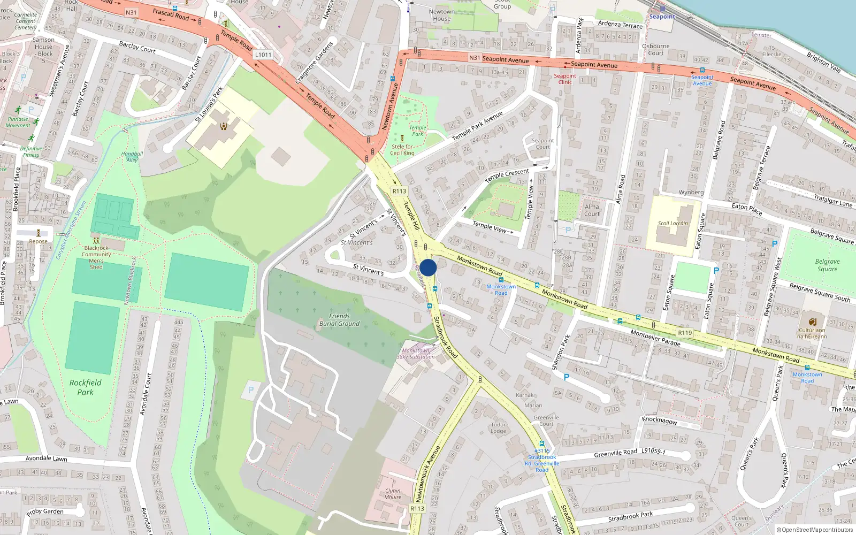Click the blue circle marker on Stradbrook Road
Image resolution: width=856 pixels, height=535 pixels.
click(x=428, y=267)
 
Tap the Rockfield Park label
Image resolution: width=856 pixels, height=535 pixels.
click(x=85, y=387)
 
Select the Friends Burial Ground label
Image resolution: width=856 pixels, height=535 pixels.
click(x=339, y=320)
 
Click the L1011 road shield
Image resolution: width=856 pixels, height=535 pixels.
click(x=263, y=55)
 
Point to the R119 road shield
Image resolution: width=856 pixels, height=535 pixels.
click(x=685, y=333)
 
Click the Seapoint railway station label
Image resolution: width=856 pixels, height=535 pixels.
click(x=662, y=17)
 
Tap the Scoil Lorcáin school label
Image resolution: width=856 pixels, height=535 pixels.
click(x=672, y=223)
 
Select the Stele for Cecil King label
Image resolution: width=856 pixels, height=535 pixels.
click(x=402, y=150)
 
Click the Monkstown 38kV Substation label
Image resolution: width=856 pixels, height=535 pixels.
click(x=416, y=354)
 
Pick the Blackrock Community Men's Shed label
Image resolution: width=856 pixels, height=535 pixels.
click(x=96, y=257)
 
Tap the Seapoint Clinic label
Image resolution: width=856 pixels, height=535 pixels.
click(x=565, y=79)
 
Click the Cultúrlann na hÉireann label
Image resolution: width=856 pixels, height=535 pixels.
click(x=812, y=333)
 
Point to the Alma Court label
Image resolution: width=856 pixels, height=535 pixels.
click(x=592, y=210)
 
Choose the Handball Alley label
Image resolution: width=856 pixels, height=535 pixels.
click(x=132, y=157)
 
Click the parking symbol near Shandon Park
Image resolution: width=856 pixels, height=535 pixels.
click(x=567, y=377)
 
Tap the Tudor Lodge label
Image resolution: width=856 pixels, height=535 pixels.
click(x=498, y=427)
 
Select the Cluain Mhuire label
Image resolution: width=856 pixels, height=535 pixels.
click(x=393, y=493)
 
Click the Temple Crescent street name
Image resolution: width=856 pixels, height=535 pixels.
click(x=507, y=175)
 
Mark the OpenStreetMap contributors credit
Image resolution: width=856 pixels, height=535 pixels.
click(x=815, y=530)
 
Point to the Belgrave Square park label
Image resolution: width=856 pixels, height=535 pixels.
click(x=827, y=265)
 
